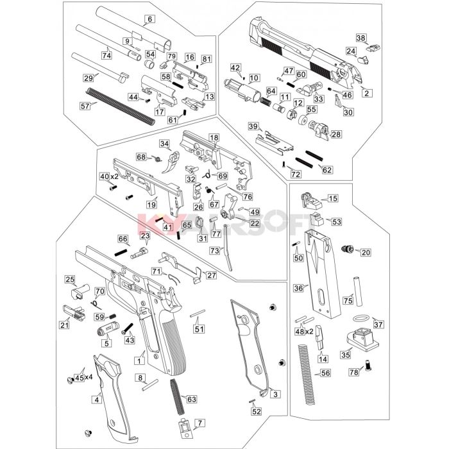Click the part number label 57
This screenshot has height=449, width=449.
[x=85, y=106]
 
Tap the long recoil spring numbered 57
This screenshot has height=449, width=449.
[x=121, y=106]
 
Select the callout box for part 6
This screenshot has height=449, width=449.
[x=149, y=19]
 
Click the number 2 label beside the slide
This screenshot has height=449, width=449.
[x=367, y=93]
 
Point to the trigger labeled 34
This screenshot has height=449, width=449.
[x=172, y=162]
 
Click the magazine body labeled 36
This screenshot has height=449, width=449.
[x=322, y=275]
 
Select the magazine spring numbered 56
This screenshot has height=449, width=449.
[x=306, y=375]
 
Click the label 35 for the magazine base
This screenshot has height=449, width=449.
[x=345, y=355]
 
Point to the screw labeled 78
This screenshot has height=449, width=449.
[x=368, y=365]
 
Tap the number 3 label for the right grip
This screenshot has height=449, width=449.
[x=275, y=394]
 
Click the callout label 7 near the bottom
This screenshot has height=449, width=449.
[x=200, y=423]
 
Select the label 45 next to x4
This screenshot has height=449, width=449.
[x=80, y=378]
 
